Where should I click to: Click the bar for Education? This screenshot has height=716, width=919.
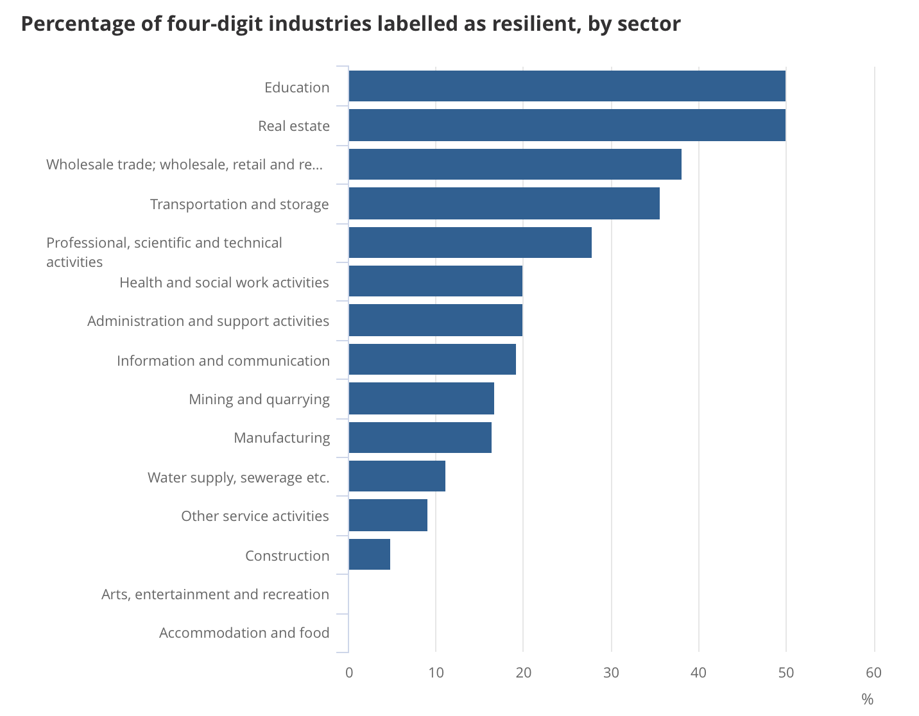click(x=567, y=86)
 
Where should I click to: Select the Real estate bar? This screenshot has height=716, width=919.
click(x=567, y=125)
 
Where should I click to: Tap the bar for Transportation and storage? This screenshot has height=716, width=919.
click(x=504, y=203)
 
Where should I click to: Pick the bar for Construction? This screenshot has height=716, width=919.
click(x=369, y=554)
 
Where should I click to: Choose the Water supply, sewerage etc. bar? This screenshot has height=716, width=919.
click(x=397, y=476)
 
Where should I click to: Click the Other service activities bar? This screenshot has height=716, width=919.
click(x=388, y=515)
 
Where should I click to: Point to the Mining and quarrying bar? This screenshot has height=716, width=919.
click(x=421, y=398)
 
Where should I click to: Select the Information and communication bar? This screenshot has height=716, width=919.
click(x=432, y=359)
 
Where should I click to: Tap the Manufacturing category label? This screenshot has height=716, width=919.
click(x=281, y=438)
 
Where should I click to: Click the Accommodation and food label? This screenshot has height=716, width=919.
click(x=244, y=633)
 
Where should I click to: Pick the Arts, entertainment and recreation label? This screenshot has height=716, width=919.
click(x=215, y=594)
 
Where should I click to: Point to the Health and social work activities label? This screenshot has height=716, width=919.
click(x=224, y=282)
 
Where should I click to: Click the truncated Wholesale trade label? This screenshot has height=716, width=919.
click(x=184, y=164)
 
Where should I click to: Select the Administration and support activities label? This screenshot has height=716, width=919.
click(x=208, y=321)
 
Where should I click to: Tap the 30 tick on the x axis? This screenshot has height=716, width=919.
click(x=611, y=672)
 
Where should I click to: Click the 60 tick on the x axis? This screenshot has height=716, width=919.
click(x=873, y=672)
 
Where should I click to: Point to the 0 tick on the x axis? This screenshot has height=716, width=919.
click(x=349, y=672)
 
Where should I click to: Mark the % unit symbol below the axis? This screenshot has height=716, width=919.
click(x=867, y=699)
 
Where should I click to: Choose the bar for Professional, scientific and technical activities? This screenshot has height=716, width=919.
click(x=470, y=243)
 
